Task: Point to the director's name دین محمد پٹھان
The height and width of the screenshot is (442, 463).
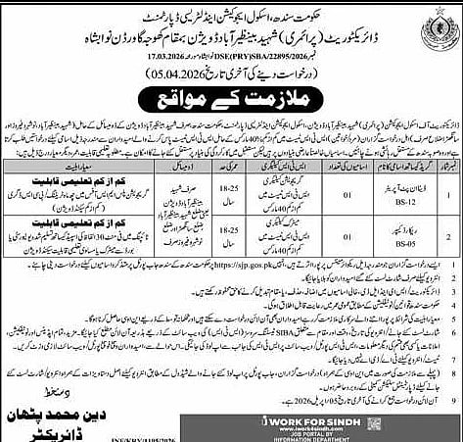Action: (x=69, y=399)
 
